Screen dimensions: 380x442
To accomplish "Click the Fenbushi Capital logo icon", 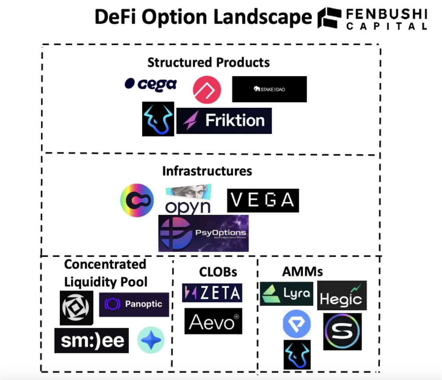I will point(329,17).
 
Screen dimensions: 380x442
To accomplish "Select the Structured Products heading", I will point(208,62).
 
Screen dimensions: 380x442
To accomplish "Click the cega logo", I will point(151,84).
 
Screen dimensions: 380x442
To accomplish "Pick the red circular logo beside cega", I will point(207,90).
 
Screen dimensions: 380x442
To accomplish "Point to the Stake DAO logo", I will point(269,89).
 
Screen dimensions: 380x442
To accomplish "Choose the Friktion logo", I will point(224,121).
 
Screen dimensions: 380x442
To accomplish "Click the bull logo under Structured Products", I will point(158,119).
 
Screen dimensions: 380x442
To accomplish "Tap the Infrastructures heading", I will point(207,171).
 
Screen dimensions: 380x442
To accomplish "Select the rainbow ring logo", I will point(137,200).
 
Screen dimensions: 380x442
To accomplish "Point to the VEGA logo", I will point(263,200).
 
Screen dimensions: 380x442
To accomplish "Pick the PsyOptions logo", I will point(203,233).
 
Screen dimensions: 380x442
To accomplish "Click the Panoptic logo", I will point(134,304).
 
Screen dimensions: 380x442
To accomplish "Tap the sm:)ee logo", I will point(92,340).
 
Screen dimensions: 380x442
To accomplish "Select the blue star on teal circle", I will point(151,340).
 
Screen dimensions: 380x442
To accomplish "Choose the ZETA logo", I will point(212,293).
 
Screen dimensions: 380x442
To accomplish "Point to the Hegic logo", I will point(342,295).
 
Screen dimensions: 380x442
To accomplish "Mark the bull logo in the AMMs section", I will point(297,355).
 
